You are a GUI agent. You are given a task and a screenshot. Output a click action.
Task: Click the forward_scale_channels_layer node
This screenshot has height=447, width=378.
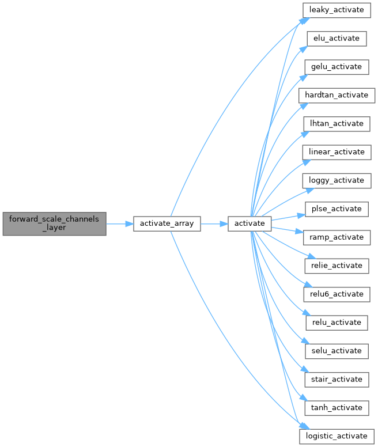coord(54,223)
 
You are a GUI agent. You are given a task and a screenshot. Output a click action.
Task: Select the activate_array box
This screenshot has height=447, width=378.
coord(167,223)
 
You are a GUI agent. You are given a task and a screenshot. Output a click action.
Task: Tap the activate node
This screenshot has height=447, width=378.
coord(249,223)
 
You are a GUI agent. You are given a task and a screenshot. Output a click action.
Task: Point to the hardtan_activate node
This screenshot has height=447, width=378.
coord(337,95)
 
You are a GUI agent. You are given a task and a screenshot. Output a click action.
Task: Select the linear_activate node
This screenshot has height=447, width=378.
coord(337,152)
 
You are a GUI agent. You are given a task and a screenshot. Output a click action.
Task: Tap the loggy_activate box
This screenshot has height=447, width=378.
coord(337,180)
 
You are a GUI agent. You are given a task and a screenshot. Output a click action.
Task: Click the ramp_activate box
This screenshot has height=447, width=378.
coord(336,237)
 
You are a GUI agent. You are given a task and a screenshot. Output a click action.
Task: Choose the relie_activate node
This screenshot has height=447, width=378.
coord(336,266)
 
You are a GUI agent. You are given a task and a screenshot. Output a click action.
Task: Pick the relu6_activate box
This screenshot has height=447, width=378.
coord(336,294)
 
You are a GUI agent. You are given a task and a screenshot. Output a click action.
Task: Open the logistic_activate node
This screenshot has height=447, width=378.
coord(337,436)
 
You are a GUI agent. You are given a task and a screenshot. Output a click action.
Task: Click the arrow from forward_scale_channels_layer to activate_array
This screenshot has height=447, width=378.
coord(119,223)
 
